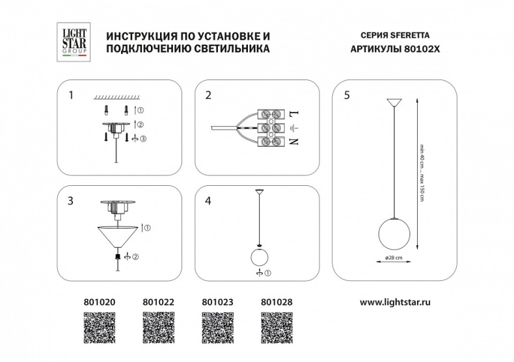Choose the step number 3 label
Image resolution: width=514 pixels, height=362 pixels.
(x=70, y=201)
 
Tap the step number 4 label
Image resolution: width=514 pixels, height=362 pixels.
(x=208, y=201)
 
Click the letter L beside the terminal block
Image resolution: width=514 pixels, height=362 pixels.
(x=293, y=114)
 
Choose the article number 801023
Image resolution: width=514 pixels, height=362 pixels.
(x=218, y=302)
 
